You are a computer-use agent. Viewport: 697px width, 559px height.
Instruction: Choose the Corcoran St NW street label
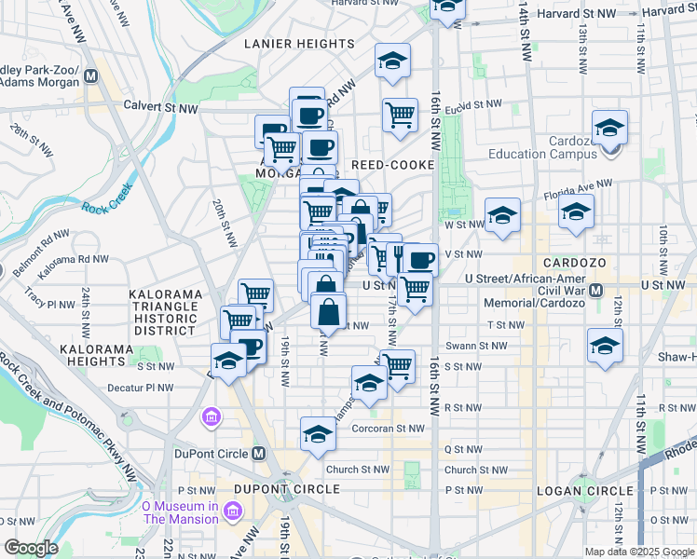[389, 429]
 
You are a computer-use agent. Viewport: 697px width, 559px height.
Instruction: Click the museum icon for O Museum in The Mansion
[232, 511]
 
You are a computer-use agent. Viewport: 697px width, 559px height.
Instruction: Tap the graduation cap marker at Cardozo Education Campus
[609, 128]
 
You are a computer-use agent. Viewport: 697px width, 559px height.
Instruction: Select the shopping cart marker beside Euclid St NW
[400, 115]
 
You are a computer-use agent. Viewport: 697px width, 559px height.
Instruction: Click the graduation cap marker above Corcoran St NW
[318, 433]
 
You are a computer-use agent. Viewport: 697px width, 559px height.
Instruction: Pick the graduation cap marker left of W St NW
[502, 218]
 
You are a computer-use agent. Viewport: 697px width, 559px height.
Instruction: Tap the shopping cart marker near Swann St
[398, 365]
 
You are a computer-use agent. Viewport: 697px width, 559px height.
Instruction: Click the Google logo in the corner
[31, 548]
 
